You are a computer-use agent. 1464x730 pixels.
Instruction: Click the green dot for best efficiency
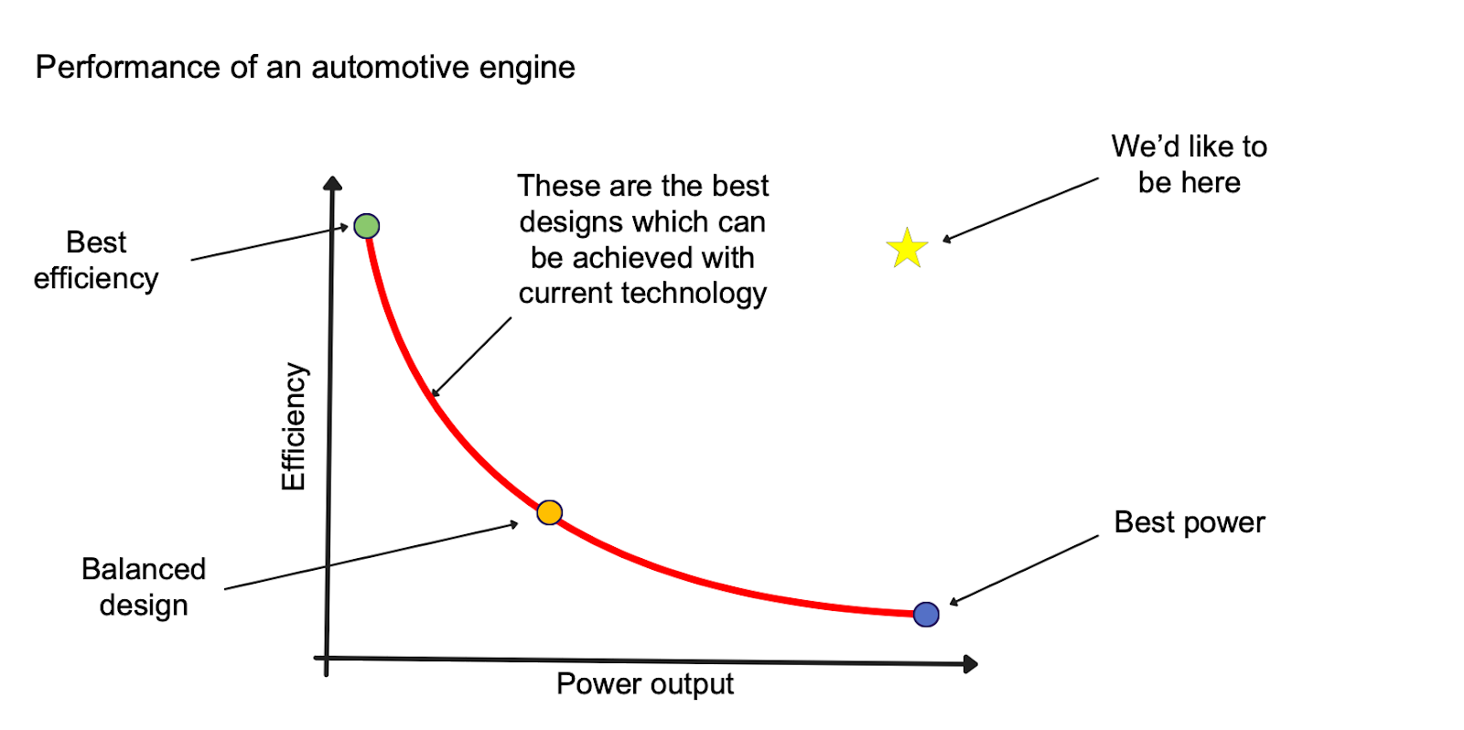pyautogui.click(x=366, y=226)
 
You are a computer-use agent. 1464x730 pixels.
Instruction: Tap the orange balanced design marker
pyautogui.click(x=549, y=512)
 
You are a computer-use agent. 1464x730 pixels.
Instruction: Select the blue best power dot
pyautogui.click(x=926, y=614)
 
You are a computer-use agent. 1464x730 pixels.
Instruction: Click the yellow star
pyautogui.click(x=907, y=249)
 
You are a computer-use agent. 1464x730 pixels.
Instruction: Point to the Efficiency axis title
pyautogui.click(x=294, y=426)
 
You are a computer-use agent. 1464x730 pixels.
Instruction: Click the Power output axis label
pyautogui.click(x=644, y=683)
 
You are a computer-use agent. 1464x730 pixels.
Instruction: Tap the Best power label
pyautogui.click(x=1189, y=521)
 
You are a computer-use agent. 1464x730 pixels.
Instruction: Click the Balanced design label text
pyautogui.click(x=144, y=586)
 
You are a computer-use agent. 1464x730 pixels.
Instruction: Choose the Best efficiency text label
pyautogui.click(x=96, y=260)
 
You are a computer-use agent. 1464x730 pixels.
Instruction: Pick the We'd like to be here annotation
pyautogui.click(x=1189, y=164)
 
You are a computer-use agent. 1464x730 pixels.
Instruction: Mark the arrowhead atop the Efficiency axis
pyautogui.click(x=333, y=183)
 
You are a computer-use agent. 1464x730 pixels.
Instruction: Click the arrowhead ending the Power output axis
pyautogui.click(x=971, y=664)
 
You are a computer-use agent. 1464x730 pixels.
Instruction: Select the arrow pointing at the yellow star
pyautogui.click(x=1020, y=209)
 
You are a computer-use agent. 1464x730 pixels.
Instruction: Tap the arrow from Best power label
pyautogui.click(x=1025, y=570)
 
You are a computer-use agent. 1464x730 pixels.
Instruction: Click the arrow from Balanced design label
pyautogui.click(x=371, y=556)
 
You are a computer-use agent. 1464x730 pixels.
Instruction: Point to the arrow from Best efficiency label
pyautogui.click(x=270, y=242)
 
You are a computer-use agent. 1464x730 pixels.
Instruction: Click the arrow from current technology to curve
pyautogui.click(x=472, y=357)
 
